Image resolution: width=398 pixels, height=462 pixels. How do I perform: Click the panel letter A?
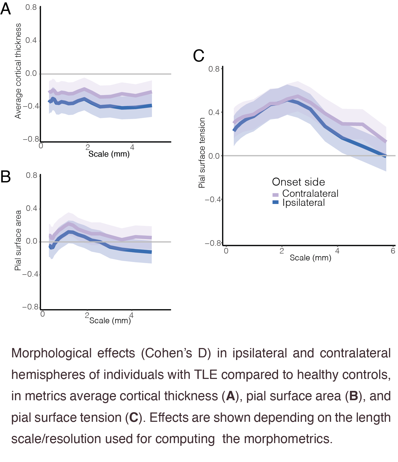(x=6, y=9)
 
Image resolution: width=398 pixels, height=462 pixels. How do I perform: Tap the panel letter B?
(x=6, y=177)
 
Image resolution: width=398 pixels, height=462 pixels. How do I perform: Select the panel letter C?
(x=199, y=56)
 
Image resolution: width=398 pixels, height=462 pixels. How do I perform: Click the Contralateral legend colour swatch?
(x=275, y=195)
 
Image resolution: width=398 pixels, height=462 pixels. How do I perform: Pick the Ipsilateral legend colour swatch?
(x=275, y=202)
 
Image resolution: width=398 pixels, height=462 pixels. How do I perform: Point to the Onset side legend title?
(x=298, y=182)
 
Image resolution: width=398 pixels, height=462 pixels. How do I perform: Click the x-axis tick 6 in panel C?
(x=393, y=251)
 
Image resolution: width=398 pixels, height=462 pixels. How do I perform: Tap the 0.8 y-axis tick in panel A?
(x=31, y=7)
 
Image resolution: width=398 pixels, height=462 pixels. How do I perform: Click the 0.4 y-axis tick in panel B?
(x=31, y=208)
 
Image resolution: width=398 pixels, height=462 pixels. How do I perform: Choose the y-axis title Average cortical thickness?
(x=18, y=71)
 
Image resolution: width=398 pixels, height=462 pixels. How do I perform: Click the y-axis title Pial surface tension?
(x=202, y=153)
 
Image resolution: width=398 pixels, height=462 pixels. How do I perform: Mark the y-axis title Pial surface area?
(x=18, y=240)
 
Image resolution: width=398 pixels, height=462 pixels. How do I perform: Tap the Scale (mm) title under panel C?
(x=310, y=258)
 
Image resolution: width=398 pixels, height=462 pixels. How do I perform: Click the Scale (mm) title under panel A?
(x=109, y=154)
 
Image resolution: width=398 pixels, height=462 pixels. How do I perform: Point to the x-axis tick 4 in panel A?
(x=132, y=147)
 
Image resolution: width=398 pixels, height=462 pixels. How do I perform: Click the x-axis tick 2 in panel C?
(x=282, y=251)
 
